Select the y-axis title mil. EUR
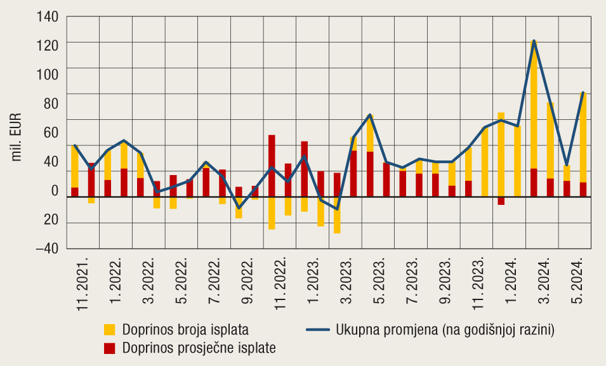[17, 136]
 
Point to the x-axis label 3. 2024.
[543, 280]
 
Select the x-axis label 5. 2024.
[576, 280]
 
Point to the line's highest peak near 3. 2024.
[534, 41]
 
